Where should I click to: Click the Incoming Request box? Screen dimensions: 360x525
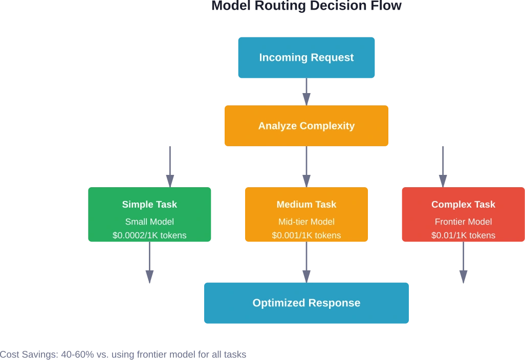pyautogui.click(x=307, y=58)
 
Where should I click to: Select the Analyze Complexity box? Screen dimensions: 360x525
pyautogui.click(x=306, y=126)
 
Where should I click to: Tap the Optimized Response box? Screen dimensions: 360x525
pyautogui.click(x=306, y=303)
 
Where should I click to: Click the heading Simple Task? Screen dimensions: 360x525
pyautogui.click(x=149, y=205)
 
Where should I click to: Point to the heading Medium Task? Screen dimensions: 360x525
pyautogui.click(x=307, y=205)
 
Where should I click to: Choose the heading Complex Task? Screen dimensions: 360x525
pyautogui.click(x=463, y=205)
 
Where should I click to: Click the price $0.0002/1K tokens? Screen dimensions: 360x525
pyautogui.click(x=149, y=236)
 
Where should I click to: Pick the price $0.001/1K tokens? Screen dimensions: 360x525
pyautogui.click(x=307, y=236)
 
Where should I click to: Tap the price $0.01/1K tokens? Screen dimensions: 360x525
pyautogui.click(x=463, y=236)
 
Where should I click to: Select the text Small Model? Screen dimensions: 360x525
pyautogui.click(x=149, y=222)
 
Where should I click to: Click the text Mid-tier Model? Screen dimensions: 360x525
pyautogui.click(x=307, y=222)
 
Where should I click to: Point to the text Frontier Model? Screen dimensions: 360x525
pyautogui.click(x=463, y=222)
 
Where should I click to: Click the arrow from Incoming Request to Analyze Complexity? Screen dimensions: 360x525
pyautogui.click(x=307, y=92)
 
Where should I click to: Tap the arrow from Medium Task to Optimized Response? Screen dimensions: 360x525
pyautogui.click(x=307, y=262)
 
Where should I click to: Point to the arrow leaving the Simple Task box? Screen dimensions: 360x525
pyautogui.click(x=149, y=263)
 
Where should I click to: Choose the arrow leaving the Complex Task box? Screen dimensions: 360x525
pyautogui.click(x=463, y=263)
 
